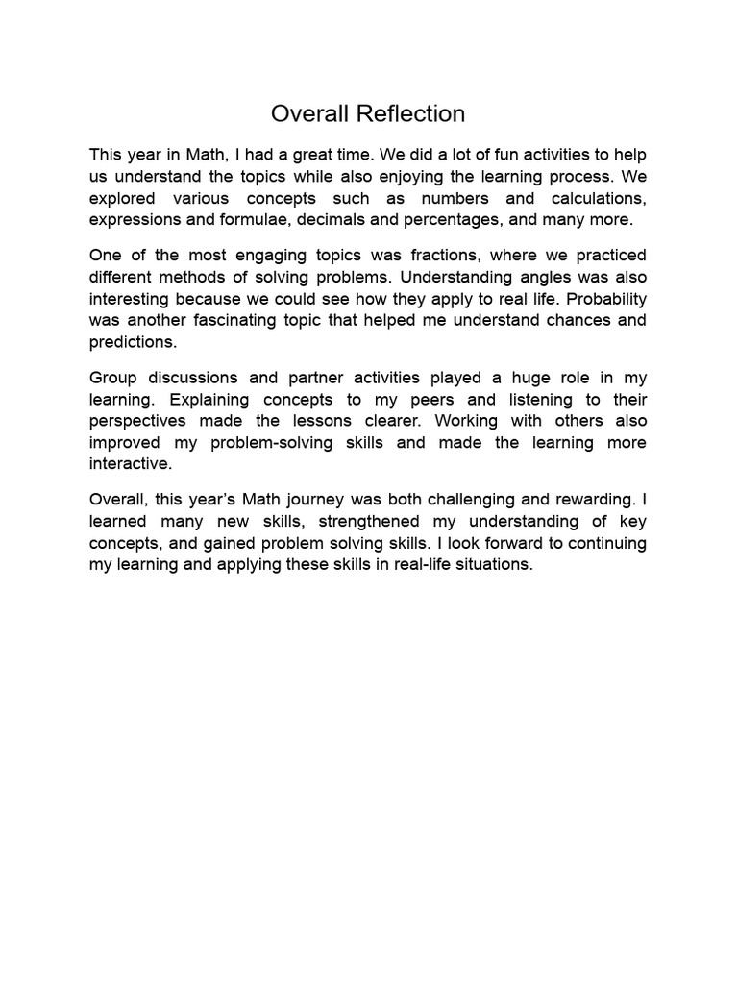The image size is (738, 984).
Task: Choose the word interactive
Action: pos(130,463)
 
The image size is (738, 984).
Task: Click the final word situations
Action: pos(486,564)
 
